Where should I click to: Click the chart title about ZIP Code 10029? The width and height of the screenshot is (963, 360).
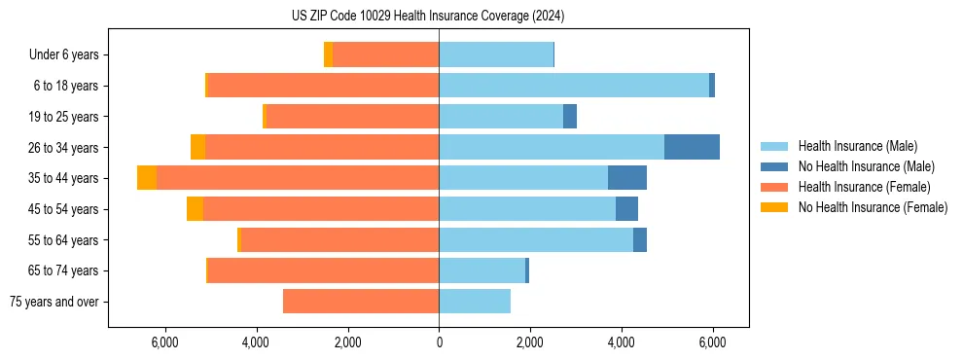428,17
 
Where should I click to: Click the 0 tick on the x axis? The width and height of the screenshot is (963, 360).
439,342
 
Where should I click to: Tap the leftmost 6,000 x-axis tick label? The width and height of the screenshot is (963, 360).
164,342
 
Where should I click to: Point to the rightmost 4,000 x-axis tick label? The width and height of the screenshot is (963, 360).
622,342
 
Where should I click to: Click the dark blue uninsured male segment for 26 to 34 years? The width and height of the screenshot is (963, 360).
692,147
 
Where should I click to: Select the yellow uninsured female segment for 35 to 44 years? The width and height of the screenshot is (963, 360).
147,178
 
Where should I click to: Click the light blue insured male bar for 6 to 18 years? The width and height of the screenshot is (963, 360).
574,86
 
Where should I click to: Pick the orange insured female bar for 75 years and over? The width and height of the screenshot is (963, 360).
361,302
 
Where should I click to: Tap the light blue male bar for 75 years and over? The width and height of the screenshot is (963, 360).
475,302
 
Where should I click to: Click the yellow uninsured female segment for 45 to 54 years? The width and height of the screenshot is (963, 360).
195,209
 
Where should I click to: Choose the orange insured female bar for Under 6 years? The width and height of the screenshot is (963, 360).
385,55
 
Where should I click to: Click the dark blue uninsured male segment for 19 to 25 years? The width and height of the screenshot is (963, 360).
570,117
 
